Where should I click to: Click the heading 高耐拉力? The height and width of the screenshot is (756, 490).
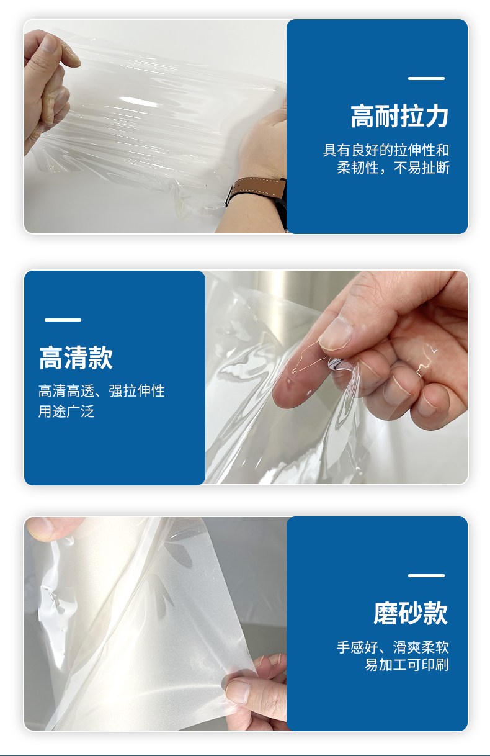(399, 117)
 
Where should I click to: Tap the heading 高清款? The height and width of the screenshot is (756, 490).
(76, 358)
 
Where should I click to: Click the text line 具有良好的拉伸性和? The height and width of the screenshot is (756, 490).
(386, 150)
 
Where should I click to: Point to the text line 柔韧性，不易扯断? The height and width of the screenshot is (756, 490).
(393, 168)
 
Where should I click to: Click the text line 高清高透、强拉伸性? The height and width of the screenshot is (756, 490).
(102, 391)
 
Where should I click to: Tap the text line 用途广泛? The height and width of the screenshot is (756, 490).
(66, 412)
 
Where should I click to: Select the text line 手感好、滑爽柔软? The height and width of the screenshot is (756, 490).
(393, 647)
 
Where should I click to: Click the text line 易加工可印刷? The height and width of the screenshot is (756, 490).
(407, 665)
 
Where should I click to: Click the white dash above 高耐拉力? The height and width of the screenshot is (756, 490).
(426, 78)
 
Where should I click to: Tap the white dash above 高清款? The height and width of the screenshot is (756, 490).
(63, 320)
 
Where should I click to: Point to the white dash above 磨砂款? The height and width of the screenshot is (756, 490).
(426, 575)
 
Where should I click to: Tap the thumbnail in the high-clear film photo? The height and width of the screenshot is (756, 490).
(335, 334)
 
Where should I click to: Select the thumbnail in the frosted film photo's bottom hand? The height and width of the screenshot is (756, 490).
(238, 690)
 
